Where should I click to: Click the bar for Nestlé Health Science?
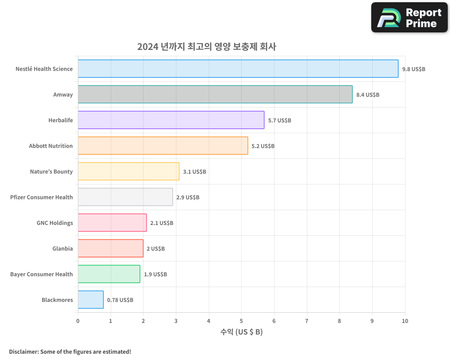238,69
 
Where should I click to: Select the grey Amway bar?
215,94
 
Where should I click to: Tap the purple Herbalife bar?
171,120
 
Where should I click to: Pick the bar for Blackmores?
90,300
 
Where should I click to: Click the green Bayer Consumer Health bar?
108,274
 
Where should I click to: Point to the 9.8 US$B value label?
414,69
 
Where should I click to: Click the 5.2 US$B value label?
263,146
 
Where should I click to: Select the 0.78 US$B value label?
120,300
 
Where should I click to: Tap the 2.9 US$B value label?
188,198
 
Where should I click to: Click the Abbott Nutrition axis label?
51,146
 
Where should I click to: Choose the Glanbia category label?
63,248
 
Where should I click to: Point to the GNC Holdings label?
54,223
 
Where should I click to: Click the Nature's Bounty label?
51,171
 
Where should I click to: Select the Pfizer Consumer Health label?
41,197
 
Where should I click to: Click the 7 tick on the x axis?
307,321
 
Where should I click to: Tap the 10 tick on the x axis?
405,321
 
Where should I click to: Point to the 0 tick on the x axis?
78,321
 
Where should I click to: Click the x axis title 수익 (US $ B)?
241,332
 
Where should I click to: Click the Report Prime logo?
409,18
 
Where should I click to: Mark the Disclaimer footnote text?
70,351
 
